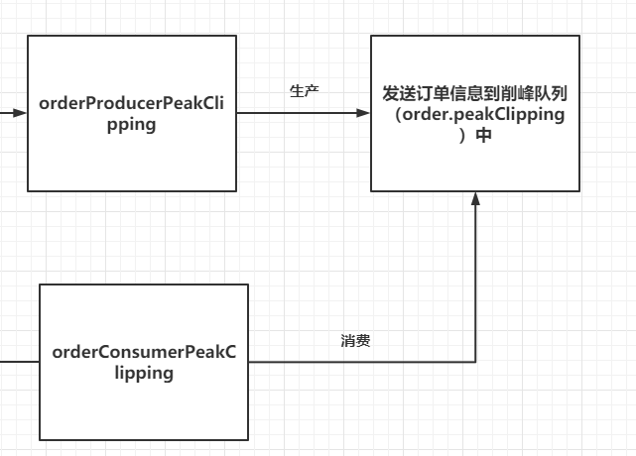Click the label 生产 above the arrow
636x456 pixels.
[x=304, y=91]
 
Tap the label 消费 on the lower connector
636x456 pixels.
[x=355, y=340]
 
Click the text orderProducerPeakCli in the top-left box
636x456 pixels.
[x=132, y=104]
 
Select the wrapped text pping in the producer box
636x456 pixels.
[x=132, y=125]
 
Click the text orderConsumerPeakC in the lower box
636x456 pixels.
[x=144, y=352]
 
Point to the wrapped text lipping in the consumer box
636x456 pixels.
[x=144, y=373]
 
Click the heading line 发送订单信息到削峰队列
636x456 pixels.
[x=475, y=93]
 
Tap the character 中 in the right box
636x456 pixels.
[x=484, y=136]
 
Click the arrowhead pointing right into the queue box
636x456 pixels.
[x=364, y=113]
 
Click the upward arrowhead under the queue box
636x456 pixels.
[x=475, y=199]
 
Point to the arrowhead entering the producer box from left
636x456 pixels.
[x=21, y=113]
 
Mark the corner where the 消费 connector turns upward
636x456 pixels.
[x=475, y=362]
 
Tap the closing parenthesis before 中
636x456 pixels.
[x=463, y=136]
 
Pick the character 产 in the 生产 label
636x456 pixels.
[x=312, y=91]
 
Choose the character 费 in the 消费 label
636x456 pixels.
[x=363, y=340]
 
